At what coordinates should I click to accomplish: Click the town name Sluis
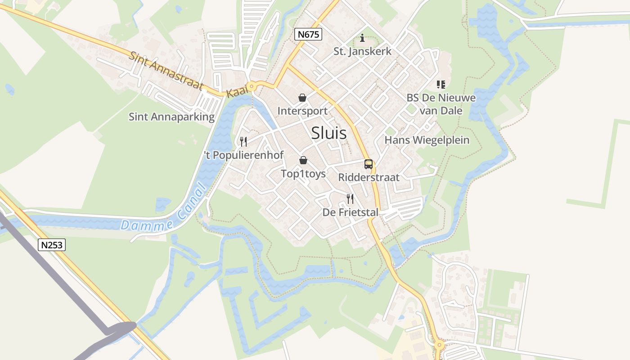tap(329, 133)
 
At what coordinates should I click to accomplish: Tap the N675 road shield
tap(309, 34)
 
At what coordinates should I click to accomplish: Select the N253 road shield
tap(52, 245)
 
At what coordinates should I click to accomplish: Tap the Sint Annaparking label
tap(171, 117)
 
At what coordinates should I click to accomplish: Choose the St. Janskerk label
tap(362, 51)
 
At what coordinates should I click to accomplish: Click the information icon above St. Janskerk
tap(362, 38)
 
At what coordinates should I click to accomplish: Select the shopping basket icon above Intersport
tap(302, 98)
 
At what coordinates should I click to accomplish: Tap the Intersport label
tap(302, 111)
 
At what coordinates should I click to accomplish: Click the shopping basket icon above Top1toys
tap(303, 160)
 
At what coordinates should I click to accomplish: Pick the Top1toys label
tap(303, 174)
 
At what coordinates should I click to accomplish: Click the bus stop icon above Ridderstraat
tap(369, 164)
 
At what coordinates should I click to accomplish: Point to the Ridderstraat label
tap(369, 177)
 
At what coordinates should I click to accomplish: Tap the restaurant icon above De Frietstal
tap(350, 198)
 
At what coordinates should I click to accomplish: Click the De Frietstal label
tap(350, 212)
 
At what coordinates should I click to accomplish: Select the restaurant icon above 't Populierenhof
tap(243, 142)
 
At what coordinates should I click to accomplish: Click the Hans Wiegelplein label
tap(427, 140)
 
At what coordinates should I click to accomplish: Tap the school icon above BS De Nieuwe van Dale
tap(441, 85)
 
